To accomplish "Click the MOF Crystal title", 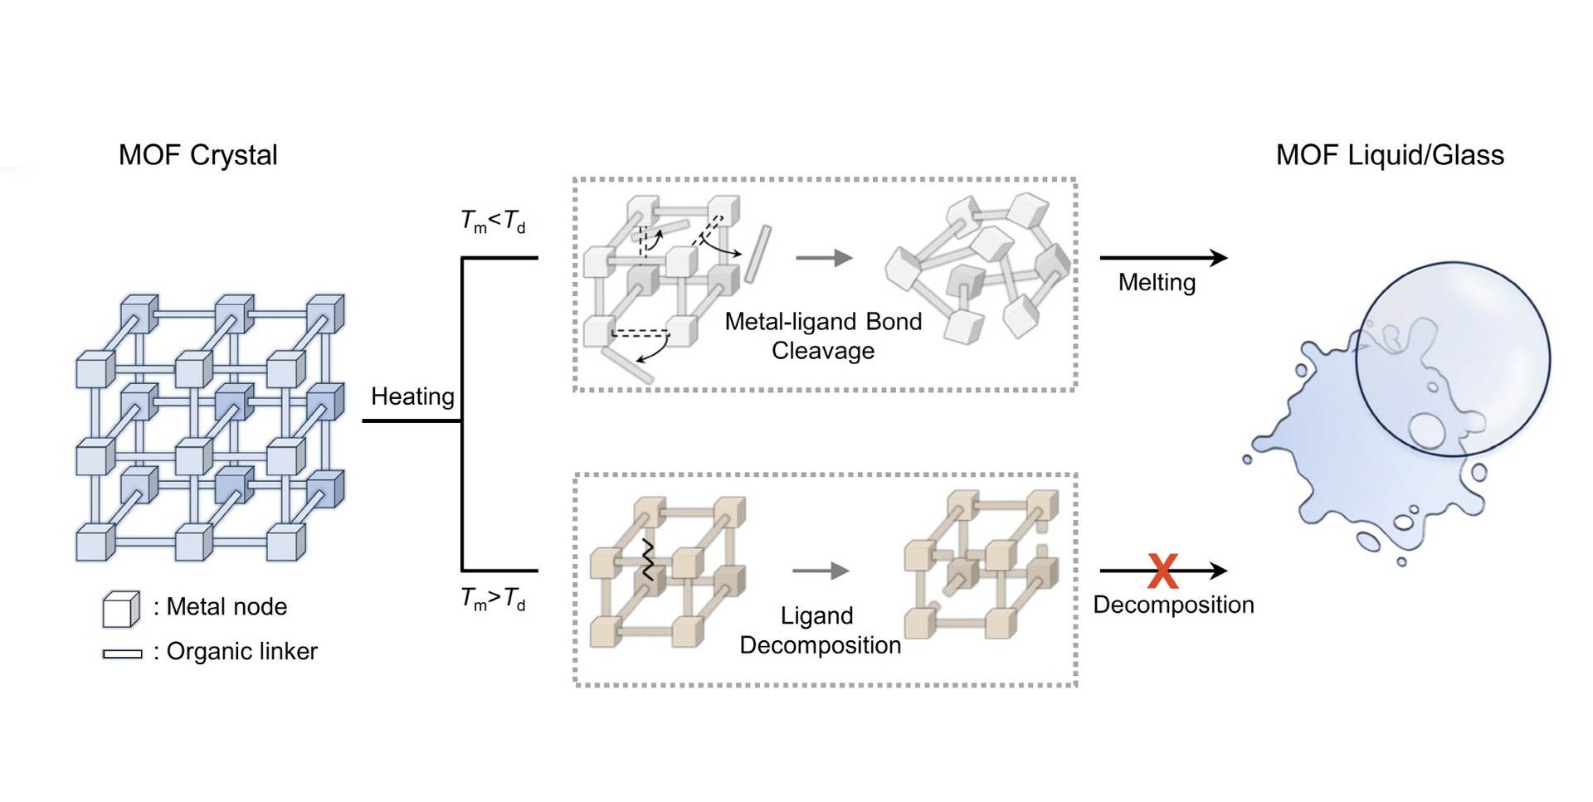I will pos(197,155).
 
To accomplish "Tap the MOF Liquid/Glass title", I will pos(1390,155).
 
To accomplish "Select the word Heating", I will pos(412,396).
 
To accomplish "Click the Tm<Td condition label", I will pos(493,221).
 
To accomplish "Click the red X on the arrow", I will pos(1162,571).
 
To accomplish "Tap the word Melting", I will pos(1157,282).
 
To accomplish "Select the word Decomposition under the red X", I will pos(1173,605).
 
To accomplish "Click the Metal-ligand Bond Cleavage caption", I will pos(823,336).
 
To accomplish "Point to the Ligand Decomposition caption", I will pos(820,630).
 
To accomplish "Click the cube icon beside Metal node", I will pos(121,609).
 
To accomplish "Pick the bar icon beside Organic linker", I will pos(122,654).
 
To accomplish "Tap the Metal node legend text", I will pos(227,607).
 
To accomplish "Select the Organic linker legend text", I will pos(241,652).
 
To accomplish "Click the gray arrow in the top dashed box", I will pos(824,258).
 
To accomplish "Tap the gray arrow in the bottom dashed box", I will pos(821,571).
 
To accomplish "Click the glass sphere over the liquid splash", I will pos(1453,359).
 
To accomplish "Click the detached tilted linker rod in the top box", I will pos(758,254).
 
